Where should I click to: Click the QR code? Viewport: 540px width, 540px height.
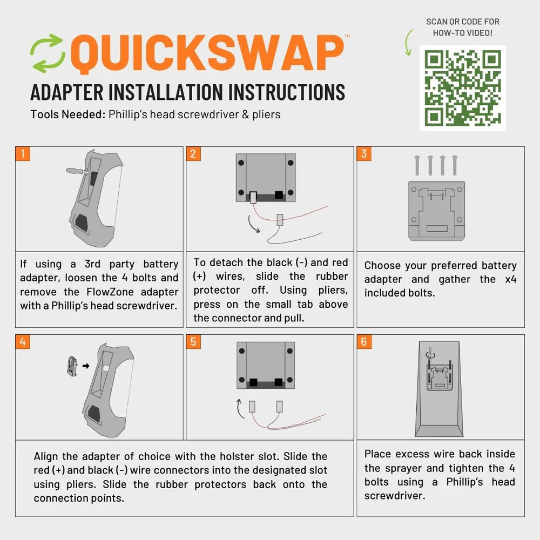463,88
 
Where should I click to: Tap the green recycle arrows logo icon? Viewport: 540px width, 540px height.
48,53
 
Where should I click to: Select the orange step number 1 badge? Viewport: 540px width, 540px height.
23,153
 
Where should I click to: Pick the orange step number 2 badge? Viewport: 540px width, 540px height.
193,153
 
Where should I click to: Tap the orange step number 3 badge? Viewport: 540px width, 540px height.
364,153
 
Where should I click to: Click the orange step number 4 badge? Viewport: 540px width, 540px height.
23,342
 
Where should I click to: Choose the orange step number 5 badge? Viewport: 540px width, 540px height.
193,342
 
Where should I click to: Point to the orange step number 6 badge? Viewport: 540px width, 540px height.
364,342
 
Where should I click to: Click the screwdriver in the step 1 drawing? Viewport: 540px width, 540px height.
77,171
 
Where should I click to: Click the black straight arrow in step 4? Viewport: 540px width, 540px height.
86,366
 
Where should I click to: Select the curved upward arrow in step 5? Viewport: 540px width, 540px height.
240,409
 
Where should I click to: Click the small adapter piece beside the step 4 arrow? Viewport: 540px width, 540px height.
72,366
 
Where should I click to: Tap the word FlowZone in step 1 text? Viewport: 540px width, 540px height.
110,292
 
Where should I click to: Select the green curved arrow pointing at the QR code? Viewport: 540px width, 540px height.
408,43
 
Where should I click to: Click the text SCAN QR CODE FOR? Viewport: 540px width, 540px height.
463,22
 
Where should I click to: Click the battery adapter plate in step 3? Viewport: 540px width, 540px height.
437,211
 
